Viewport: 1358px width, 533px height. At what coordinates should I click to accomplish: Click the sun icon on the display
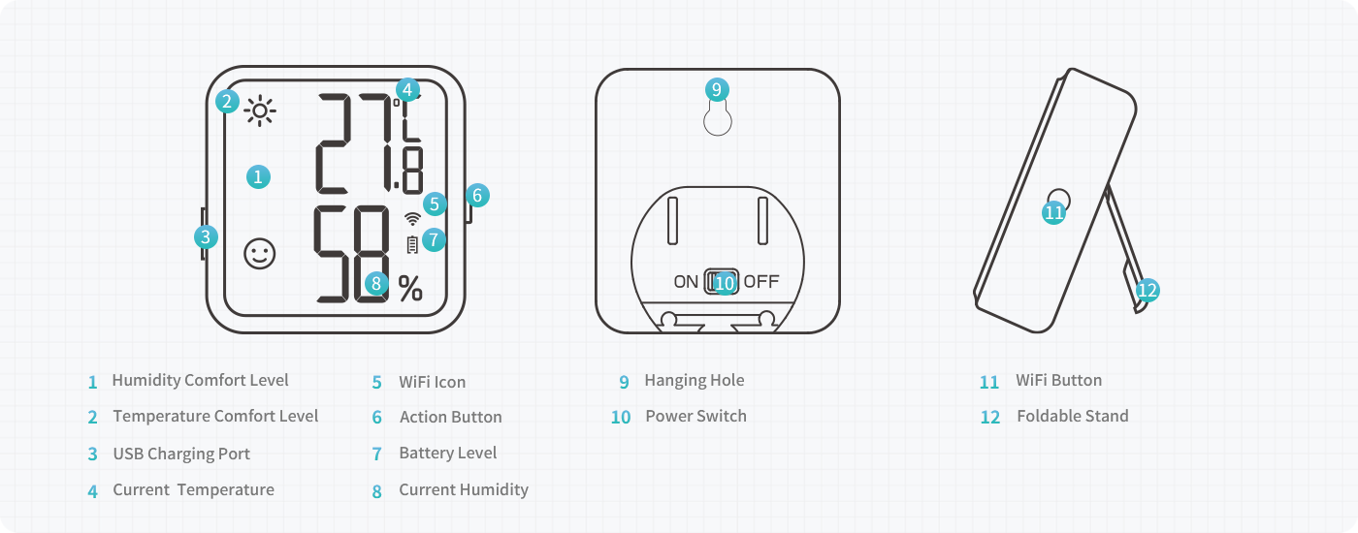click(x=260, y=111)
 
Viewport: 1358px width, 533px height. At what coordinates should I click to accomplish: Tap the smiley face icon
click(x=259, y=254)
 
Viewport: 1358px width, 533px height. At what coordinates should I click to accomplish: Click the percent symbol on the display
click(x=410, y=288)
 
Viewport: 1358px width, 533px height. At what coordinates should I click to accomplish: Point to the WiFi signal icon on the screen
click(x=411, y=218)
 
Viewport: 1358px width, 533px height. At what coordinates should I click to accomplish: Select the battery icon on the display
click(x=412, y=244)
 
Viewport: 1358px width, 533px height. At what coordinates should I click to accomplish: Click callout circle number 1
click(x=257, y=176)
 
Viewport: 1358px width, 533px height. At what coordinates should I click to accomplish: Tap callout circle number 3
click(x=205, y=235)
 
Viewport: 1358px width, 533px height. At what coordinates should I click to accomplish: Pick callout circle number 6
click(x=476, y=195)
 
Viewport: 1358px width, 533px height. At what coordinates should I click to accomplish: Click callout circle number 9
click(x=716, y=90)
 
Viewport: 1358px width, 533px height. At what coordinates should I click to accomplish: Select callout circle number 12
click(x=1148, y=289)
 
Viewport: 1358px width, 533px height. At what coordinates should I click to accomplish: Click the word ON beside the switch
click(x=686, y=282)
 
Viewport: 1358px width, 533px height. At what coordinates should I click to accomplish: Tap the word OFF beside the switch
click(x=761, y=282)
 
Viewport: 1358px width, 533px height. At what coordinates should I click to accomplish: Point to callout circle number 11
click(x=1054, y=211)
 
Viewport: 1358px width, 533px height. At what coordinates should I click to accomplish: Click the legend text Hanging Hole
click(x=694, y=380)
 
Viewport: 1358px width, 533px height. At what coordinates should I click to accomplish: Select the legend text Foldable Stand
click(x=1072, y=416)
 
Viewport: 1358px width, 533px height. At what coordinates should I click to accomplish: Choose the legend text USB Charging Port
click(x=181, y=454)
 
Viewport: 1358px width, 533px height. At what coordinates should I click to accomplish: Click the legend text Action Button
click(x=450, y=417)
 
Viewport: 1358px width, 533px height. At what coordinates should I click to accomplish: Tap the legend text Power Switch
click(x=695, y=416)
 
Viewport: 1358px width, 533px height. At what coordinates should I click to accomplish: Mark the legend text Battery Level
click(x=447, y=453)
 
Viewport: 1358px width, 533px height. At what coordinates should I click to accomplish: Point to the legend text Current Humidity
click(x=463, y=489)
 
